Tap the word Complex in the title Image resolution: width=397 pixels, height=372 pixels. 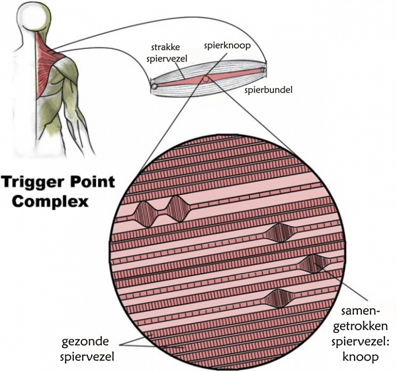click(50, 202)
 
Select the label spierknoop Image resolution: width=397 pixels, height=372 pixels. click(227, 46)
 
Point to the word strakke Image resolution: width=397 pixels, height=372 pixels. click(165, 48)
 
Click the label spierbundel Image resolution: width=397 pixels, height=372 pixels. click(268, 90)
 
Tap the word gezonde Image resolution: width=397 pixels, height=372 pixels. click(85, 342)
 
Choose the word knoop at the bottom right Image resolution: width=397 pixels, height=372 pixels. click(361, 357)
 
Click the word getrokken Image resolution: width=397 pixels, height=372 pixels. click(360, 326)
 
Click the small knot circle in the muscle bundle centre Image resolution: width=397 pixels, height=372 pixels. click(206, 79)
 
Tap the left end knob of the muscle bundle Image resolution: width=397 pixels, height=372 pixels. click(154, 87)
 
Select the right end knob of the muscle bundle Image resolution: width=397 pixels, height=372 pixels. click(263, 69)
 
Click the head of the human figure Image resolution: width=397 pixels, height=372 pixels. click(37, 15)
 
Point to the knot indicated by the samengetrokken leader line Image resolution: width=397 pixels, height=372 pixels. click(314, 264)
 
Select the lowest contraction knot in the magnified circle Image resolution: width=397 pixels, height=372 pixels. click(279, 299)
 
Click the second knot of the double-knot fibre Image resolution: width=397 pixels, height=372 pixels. click(179, 209)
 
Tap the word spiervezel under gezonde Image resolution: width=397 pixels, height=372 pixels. click(87, 357)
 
